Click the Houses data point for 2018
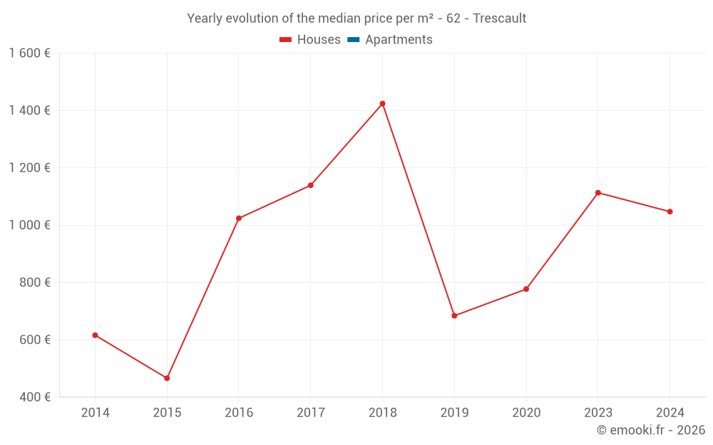(382, 103)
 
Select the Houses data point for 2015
(167, 378)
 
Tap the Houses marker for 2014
(95, 335)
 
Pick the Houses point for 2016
(239, 219)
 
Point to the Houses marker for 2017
(311, 185)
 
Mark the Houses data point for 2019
(454, 315)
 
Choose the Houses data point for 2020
(526, 289)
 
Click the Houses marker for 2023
(598, 193)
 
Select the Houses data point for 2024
(670, 211)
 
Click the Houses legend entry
(310, 40)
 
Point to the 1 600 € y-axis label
(29, 53)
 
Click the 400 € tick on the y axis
(34, 397)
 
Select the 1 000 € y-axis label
(29, 225)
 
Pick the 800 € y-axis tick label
(34, 282)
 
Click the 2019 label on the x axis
(454, 412)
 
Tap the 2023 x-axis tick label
(598, 412)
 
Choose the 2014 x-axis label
(95, 412)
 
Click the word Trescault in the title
(499, 19)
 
